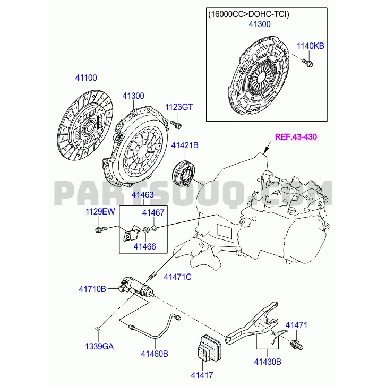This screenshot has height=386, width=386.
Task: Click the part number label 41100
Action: [x=85, y=78]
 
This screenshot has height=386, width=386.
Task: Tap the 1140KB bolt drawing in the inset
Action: [x=308, y=64]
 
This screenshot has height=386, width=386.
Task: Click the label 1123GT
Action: [x=178, y=107]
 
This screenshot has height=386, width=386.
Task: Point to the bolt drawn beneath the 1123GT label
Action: [x=176, y=125]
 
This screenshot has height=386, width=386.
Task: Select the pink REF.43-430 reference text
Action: [x=296, y=137]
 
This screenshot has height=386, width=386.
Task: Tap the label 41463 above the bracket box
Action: [x=143, y=195]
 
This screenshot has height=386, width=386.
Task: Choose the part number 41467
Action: [x=153, y=212]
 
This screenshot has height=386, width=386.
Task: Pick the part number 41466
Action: [x=144, y=246]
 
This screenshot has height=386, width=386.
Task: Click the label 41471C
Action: [x=177, y=277]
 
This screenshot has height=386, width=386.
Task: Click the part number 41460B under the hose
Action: [x=155, y=353]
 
